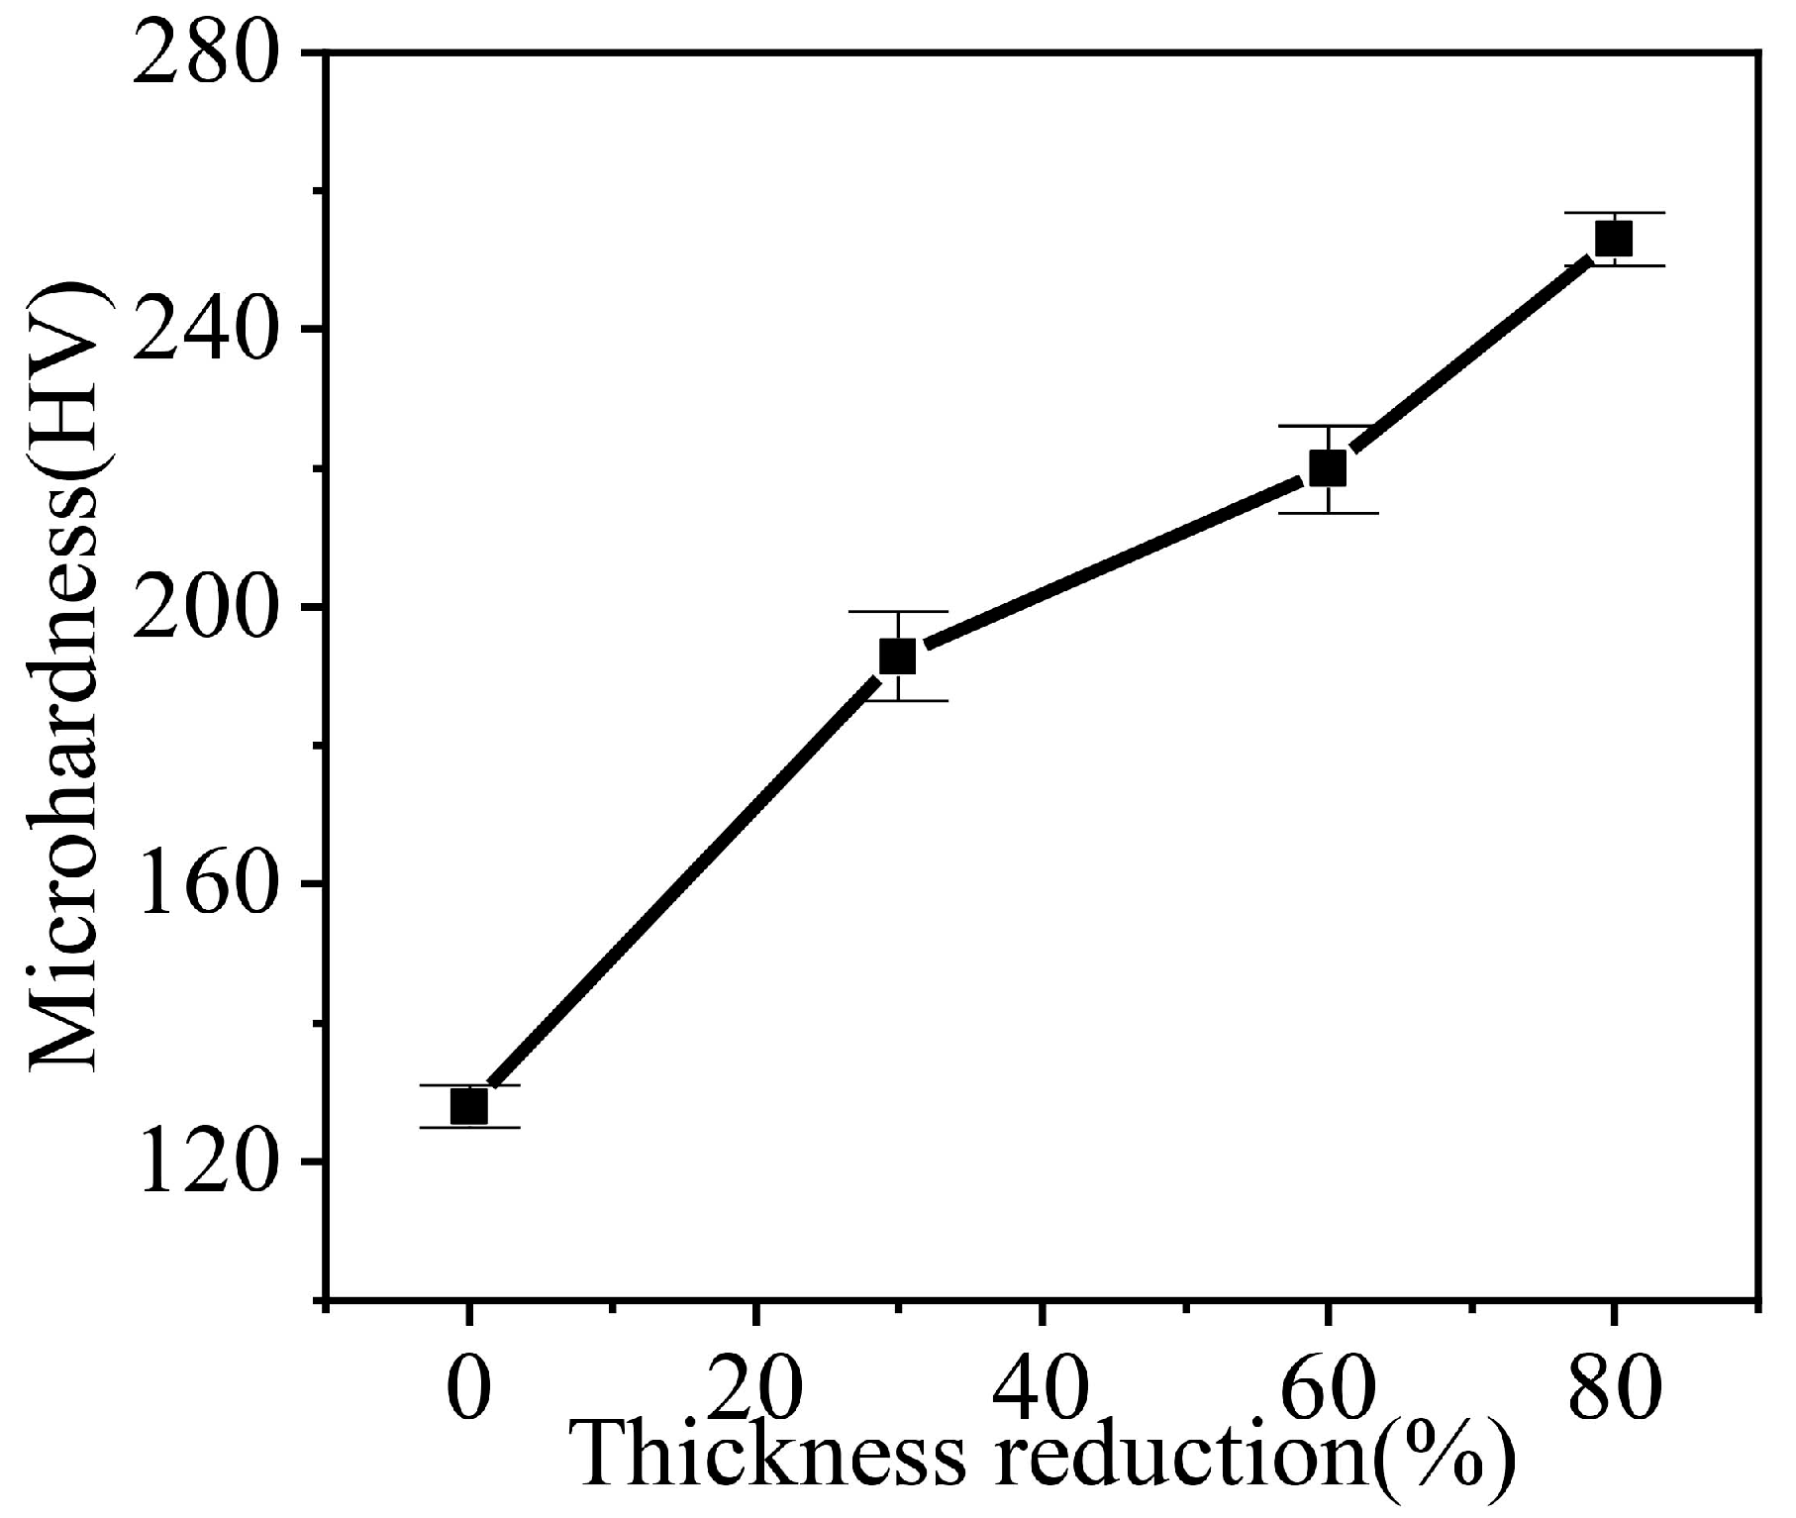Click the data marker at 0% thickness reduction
(x=468, y=1106)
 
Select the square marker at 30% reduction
(x=897, y=656)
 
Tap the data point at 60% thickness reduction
(x=1327, y=468)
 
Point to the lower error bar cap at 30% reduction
(x=897, y=700)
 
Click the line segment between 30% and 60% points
(x=1114, y=561)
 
